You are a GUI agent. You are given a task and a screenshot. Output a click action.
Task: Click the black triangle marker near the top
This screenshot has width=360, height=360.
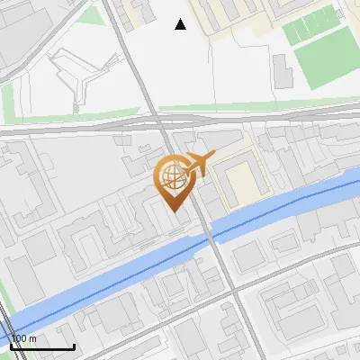181,24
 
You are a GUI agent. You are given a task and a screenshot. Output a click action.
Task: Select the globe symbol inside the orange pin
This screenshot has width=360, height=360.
172,175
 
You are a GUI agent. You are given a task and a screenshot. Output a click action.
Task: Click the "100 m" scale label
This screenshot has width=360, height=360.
23,338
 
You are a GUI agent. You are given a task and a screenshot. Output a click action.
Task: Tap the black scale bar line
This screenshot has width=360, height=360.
41,346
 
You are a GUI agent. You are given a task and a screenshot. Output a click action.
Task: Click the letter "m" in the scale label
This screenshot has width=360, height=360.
32,338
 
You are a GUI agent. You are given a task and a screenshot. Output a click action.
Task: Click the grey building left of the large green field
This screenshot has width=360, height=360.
282,71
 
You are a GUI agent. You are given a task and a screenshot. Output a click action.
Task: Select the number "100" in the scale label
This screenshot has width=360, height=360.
18,338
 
